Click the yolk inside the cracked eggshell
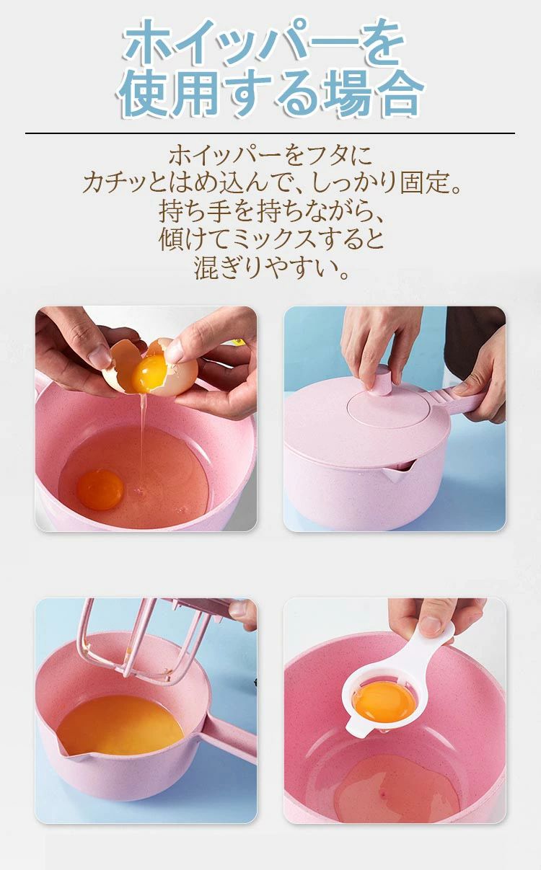(149, 374)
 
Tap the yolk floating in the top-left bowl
(100, 489)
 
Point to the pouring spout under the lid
(397, 471)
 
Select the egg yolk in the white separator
(384, 702)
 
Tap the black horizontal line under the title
(270, 133)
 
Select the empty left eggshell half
(120, 365)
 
